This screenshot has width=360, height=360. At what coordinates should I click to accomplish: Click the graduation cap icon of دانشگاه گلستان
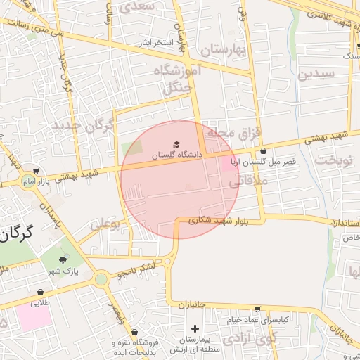(176, 144)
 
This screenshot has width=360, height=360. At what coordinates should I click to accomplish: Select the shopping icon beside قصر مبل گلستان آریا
(263, 150)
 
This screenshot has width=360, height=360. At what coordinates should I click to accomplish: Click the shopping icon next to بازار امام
(36, 170)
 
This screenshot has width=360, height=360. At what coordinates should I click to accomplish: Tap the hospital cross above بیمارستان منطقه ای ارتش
(195, 328)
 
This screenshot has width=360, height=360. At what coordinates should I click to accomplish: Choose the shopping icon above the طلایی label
(40, 292)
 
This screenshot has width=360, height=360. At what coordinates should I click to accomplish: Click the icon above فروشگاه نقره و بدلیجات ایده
(134, 332)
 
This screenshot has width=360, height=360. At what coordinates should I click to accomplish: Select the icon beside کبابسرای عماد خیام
(257, 309)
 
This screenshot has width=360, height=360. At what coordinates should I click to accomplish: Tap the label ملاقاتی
(245, 181)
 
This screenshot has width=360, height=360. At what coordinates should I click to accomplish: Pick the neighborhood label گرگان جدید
(82, 126)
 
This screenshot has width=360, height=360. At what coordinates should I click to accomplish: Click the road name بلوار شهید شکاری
(219, 219)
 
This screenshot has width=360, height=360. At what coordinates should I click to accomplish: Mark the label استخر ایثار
(155, 43)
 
